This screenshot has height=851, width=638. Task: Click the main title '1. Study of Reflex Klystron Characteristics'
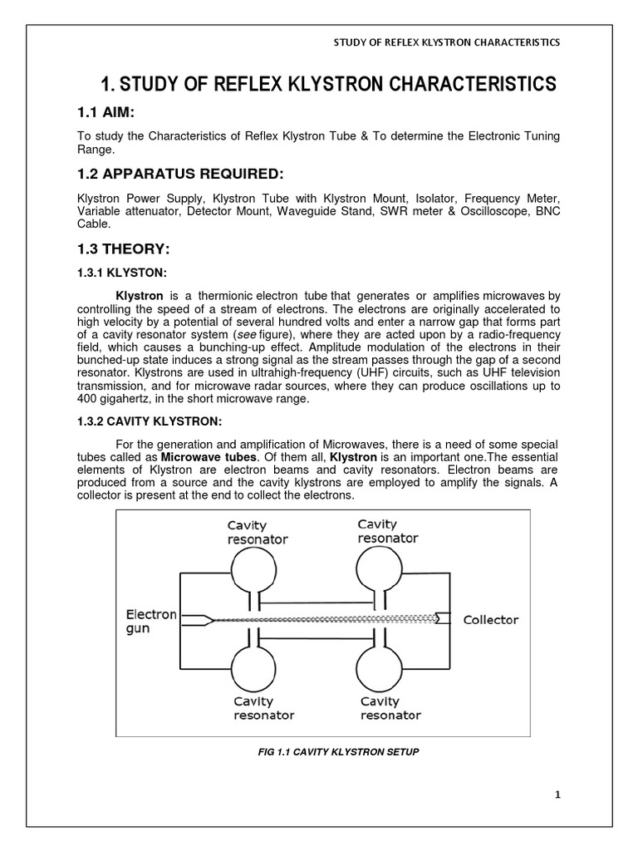[x=328, y=83]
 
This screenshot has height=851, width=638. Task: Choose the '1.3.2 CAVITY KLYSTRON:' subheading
[x=145, y=422]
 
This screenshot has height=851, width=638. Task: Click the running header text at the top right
[x=446, y=42]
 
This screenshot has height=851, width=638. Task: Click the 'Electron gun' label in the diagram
[x=150, y=622]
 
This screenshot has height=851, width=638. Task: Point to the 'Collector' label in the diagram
[x=490, y=619]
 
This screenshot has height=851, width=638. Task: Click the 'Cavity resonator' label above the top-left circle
[x=258, y=531]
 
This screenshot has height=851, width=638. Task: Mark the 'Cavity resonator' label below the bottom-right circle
[x=390, y=709]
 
